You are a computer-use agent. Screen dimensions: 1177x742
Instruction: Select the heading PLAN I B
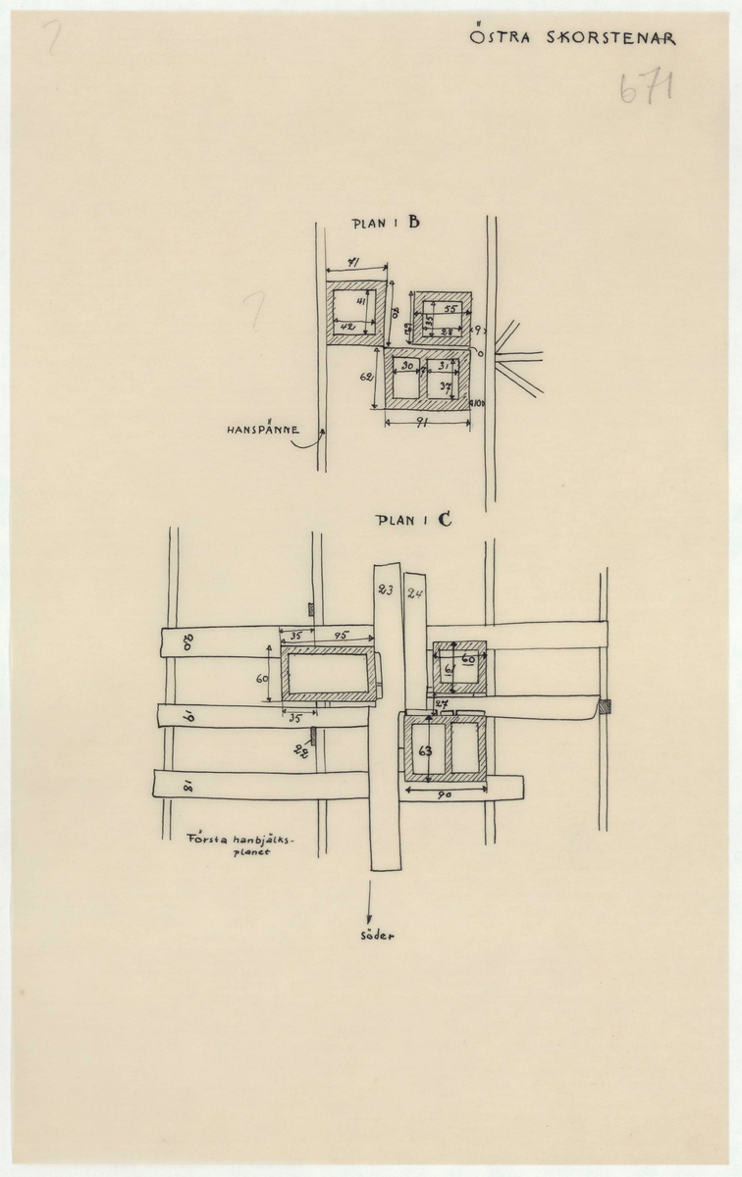pos(386,224)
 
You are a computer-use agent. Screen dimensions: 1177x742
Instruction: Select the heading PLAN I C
pos(413,521)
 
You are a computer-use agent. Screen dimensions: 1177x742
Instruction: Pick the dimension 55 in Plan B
pos(449,309)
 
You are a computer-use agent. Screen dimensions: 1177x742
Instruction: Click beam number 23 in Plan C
pos(385,590)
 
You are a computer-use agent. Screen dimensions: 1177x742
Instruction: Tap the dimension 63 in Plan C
pos(424,752)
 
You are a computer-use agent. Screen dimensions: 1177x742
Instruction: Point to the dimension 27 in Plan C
pos(441,704)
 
